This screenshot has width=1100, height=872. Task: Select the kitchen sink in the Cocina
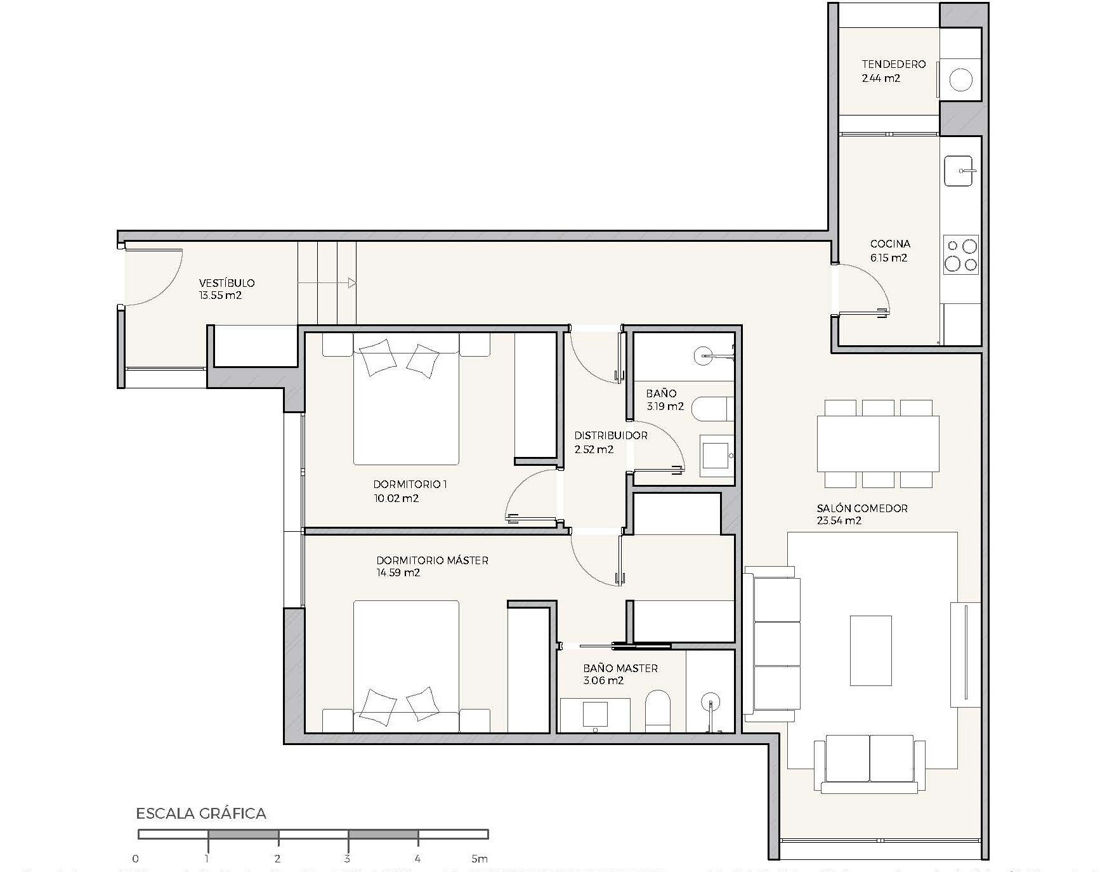click(958, 171)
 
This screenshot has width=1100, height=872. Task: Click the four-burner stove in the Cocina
click(961, 254)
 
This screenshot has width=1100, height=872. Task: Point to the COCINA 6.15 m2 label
click(889, 251)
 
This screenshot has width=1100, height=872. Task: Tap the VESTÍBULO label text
click(226, 283)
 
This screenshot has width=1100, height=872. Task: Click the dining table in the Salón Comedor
click(878, 443)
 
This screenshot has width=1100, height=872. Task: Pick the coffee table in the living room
click(871, 651)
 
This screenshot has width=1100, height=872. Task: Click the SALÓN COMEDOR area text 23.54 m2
click(839, 520)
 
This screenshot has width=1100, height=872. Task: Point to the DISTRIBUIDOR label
click(610, 435)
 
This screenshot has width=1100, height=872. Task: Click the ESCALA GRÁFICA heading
click(201, 814)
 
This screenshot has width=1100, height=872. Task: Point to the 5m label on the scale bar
click(480, 859)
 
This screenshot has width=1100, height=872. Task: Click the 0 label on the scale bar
click(136, 859)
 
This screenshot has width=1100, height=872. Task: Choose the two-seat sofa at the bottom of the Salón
click(869, 764)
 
